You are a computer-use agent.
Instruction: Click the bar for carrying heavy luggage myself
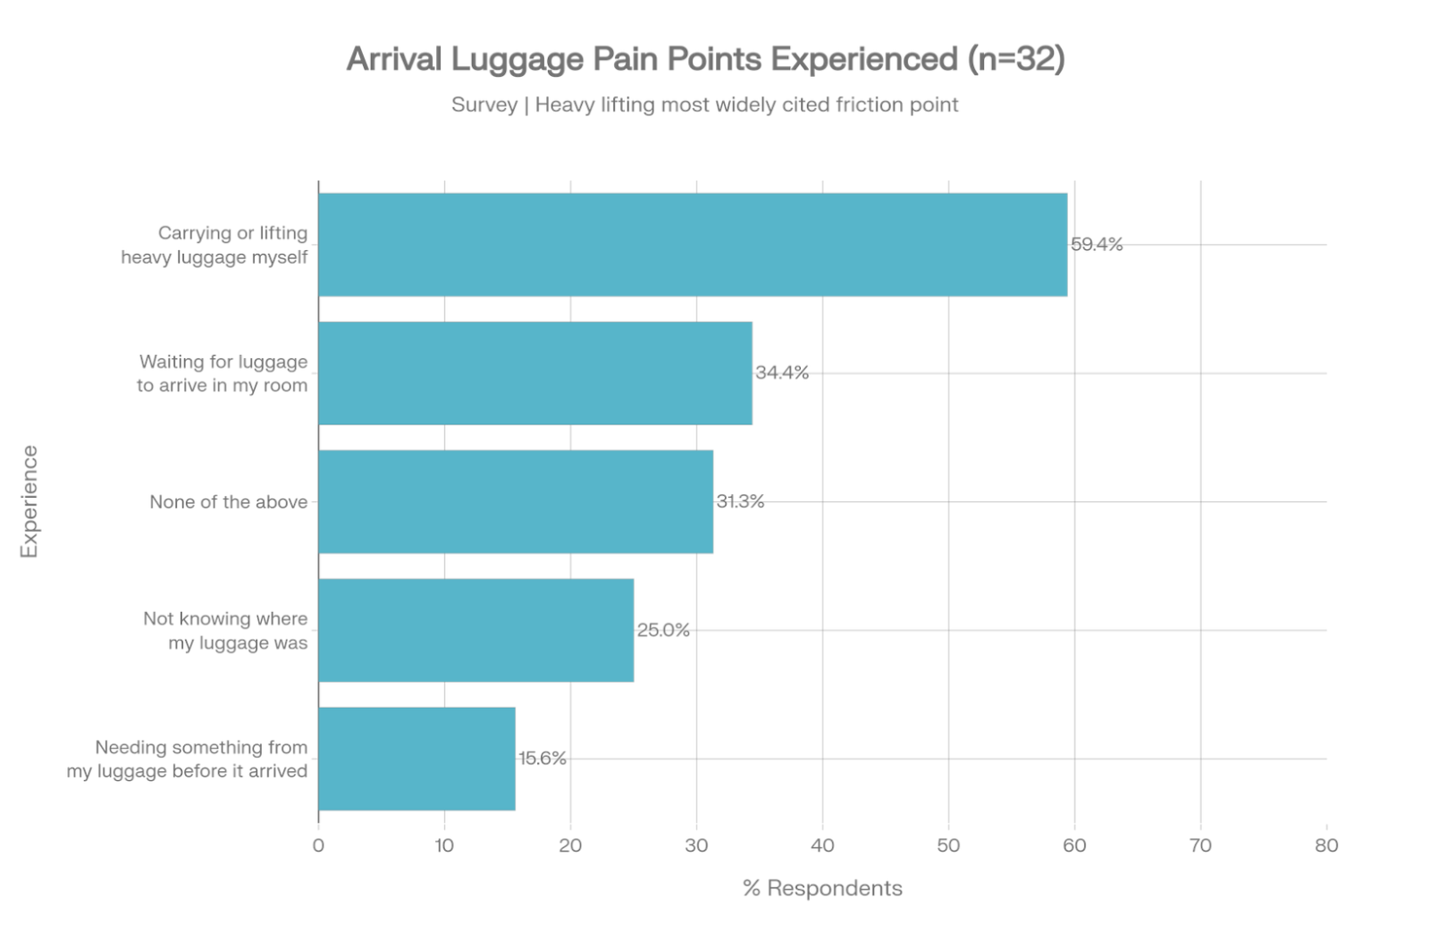pyautogui.click(x=693, y=245)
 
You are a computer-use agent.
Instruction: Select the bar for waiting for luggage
pyautogui.click(x=534, y=373)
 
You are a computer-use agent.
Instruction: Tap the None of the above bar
pyautogui.click(x=516, y=502)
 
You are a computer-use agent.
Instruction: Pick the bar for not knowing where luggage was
pyautogui.click(x=475, y=631)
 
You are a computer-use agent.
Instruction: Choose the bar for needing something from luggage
pyautogui.click(x=416, y=759)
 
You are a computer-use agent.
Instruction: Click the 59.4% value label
pyautogui.click(x=1097, y=245)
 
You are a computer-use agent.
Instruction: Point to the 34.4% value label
pyautogui.click(x=782, y=373)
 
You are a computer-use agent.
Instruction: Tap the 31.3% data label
pyautogui.click(x=740, y=501)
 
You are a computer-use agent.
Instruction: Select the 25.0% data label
pyautogui.click(x=663, y=630)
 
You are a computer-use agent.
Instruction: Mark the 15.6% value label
pyautogui.click(x=543, y=759)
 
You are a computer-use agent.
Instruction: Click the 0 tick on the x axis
pyautogui.click(x=318, y=845)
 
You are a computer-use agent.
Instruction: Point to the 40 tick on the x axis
pyautogui.click(x=822, y=845)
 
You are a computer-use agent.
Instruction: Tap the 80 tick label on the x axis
pyautogui.click(x=1326, y=845)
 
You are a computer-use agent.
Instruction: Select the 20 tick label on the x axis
pyautogui.click(x=570, y=845)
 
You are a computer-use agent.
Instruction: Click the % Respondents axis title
pyautogui.click(x=822, y=888)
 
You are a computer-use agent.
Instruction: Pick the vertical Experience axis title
pyautogui.click(x=29, y=502)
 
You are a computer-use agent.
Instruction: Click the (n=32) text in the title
pyautogui.click(x=1015, y=59)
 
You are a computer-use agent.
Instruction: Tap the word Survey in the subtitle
pyautogui.click(x=484, y=105)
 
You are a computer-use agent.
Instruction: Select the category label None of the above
pyautogui.click(x=228, y=502)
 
